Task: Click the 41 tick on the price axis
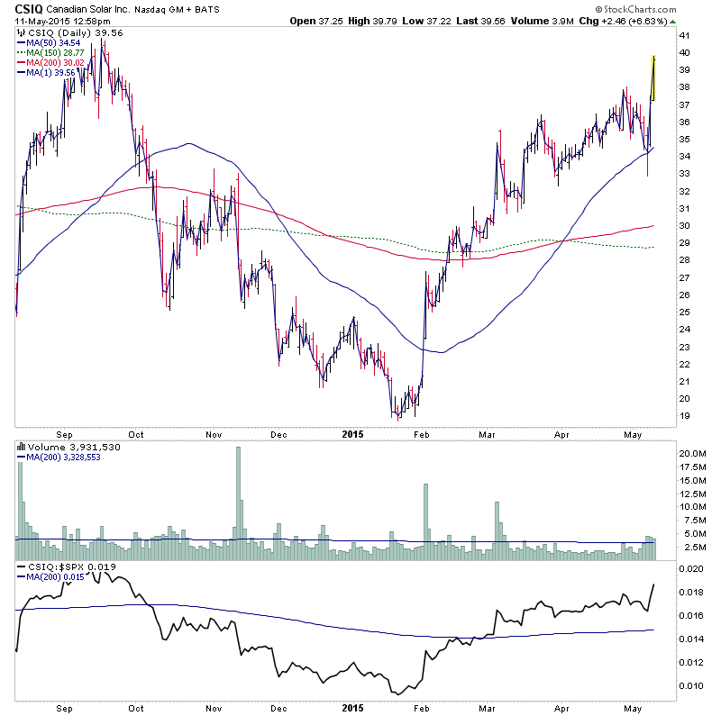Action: [x=684, y=35]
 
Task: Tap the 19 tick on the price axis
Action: [x=684, y=416]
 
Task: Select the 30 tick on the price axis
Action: [x=684, y=226]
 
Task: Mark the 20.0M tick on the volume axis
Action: [x=692, y=453]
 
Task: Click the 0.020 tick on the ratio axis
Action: [x=690, y=569]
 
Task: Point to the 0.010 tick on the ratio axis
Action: [x=690, y=686]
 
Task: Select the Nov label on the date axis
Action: [x=214, y=433]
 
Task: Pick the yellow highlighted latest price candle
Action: [x=653, y=78]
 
